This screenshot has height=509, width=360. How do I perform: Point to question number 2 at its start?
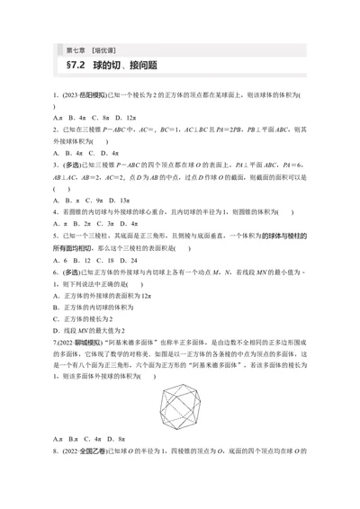[55, 129]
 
